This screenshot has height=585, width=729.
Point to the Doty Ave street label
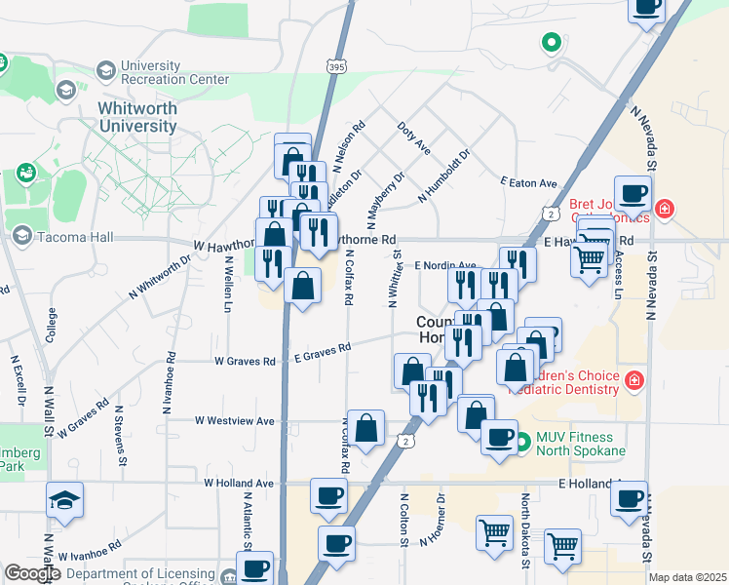[414, 137]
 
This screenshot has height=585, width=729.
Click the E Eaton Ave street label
[528, 182]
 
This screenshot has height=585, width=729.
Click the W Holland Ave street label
[240, 483]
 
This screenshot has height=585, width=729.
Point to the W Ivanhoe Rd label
[90, 552]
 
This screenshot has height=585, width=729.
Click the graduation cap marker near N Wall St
[65, 500]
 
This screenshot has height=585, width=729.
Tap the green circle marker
[551, 43]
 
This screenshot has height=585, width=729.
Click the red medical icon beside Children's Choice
[634, 378]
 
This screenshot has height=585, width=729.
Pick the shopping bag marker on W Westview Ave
[366, 428]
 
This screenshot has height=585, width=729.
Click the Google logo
[32, 573]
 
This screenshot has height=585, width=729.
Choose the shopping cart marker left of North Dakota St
[495, 532]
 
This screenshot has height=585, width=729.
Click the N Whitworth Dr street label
[161, 278]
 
